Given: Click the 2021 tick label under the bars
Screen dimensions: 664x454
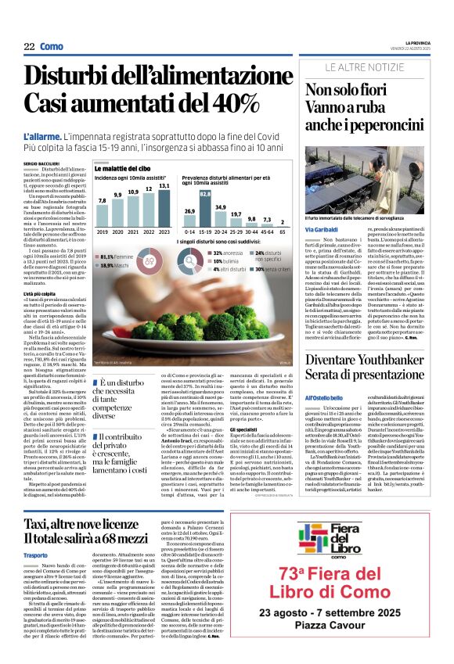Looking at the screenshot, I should pyautogui.click(x=133, y=232).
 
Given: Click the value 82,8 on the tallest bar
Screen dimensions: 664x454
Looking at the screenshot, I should pyautogui.click(x=206, y=194).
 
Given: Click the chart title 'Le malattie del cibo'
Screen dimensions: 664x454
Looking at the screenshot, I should pyautogui.click(x=123, y=168).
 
